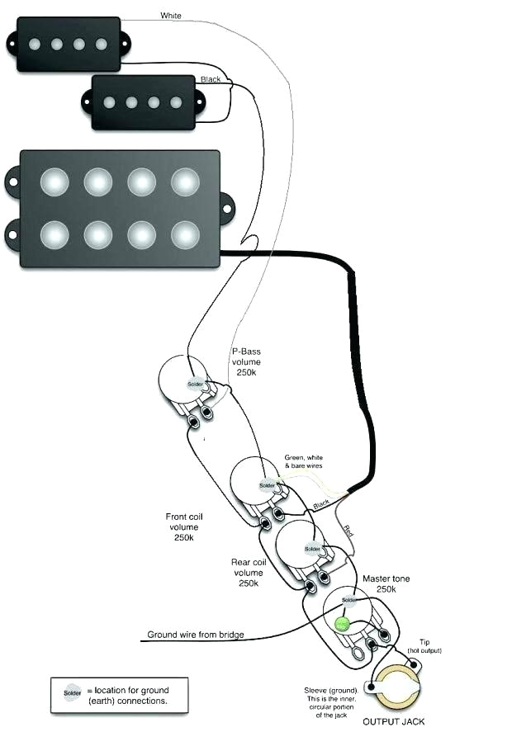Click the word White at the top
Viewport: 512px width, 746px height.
pyautogui.click(x=171, y=16)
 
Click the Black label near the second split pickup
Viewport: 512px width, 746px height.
pyautogui.click(x=211, y=79)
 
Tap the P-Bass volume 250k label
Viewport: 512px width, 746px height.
pyautogui.click(x=246, y=361)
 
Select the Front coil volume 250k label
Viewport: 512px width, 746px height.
pyautogui.click(x=183, y=527)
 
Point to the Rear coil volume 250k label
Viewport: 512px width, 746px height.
pyautogui.click(x=248, y=572)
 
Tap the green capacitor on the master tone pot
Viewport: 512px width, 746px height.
pyautogui.click(x=340, y=624)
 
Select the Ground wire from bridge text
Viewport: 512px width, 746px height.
pyautogui.click(x=196, y=635)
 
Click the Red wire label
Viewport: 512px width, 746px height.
pyautogui.click(x=348, y=528)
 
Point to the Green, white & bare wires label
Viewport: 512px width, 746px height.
pyautogui.click(x=306, y=461)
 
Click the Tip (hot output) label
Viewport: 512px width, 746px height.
pyautogui.click(x=424, y=646)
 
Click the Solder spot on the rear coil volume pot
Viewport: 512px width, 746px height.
pyautogui.click(x=312, y=549)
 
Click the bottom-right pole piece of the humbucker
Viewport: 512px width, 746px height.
pyautogui.click(x=185, y=235)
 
